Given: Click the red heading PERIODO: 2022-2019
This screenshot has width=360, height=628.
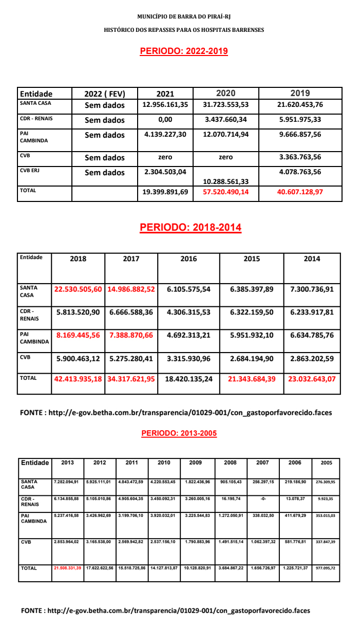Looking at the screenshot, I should [184, 51].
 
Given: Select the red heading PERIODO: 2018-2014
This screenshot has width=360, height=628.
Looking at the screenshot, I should [191, 227].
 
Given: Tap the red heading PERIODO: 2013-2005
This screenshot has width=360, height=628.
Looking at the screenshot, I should [179, 433].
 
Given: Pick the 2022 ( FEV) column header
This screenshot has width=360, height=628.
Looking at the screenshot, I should [105, 94].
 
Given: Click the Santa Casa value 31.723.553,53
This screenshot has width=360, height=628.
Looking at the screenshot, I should [225, 105].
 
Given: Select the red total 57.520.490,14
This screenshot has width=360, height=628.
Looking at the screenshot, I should [225, 192].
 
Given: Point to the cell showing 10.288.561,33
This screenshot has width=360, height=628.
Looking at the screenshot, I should [225, 181].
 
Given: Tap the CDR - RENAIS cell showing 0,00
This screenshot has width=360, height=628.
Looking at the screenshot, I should [165, 120].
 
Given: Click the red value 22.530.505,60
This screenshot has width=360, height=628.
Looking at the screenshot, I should [78, 289].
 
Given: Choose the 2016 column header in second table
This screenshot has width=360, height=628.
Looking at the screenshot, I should [188, 259].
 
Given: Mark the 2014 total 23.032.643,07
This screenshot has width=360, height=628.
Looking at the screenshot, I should [312, 380].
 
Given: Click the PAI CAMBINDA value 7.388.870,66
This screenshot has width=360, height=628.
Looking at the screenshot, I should [131, 335].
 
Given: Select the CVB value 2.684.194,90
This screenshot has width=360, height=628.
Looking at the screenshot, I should [252, 358].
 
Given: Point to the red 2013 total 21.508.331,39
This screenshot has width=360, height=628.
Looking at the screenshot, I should [67, 568].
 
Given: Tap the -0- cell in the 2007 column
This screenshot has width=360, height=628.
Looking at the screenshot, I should [262, 498].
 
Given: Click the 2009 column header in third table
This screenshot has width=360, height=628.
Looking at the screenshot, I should [196, 463].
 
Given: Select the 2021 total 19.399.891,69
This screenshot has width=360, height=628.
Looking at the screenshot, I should [165, 192].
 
